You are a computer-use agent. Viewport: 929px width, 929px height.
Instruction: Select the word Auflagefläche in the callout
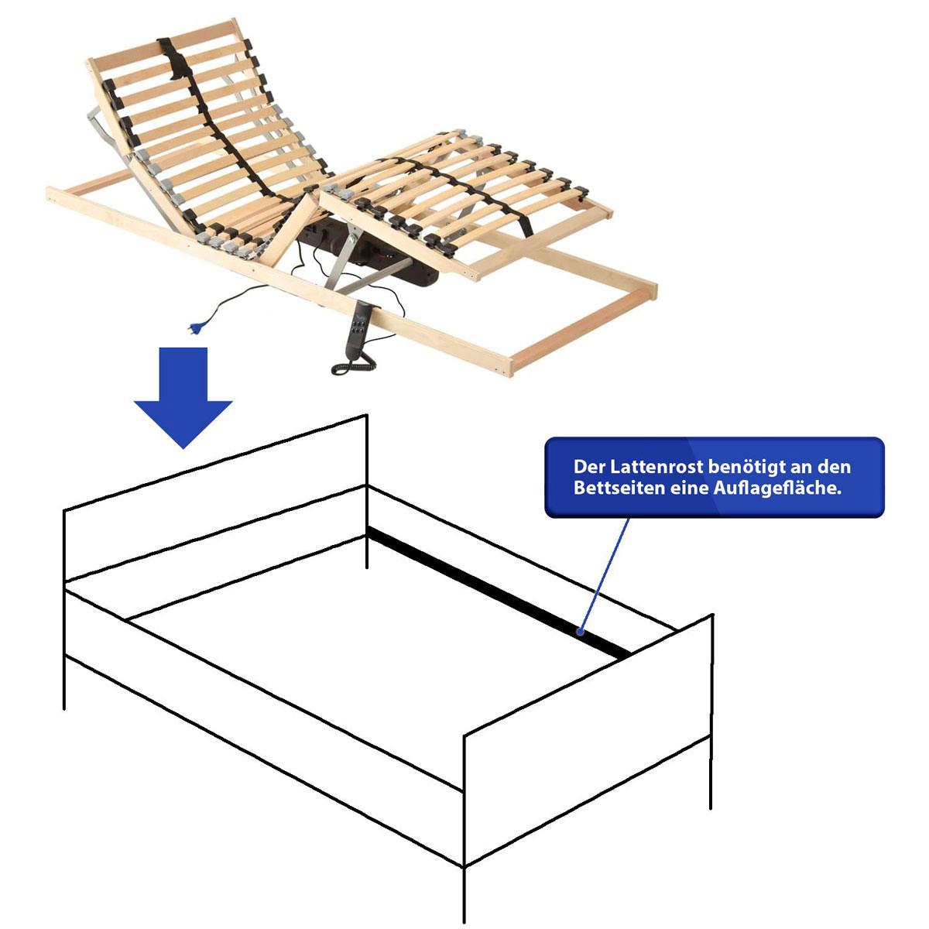point(777,488)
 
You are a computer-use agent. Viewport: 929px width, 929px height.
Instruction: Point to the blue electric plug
point(195,329)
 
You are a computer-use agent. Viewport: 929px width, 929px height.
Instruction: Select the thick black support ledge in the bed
point(499,592)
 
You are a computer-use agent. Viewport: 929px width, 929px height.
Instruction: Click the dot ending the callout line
point(581,632)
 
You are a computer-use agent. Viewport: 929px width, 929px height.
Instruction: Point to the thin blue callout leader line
point(605,574)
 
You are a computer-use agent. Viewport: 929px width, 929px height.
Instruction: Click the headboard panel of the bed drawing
point(215,499)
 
